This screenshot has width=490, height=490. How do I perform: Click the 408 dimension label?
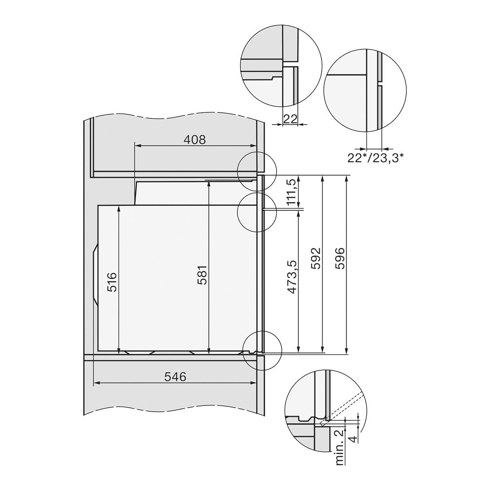pyautogui.click(x=195, y=140)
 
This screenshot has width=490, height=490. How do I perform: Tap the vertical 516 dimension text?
pyautogui.click(x=112, y=282)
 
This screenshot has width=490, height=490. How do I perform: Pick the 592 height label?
pyautogui.click(x=316, y=258)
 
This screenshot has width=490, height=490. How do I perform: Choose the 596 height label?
pyautogui.click(x=340, y=258)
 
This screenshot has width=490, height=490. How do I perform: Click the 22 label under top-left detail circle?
pyautogui.click(x=290, y=119)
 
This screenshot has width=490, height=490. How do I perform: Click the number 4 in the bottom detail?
pyautogui.click(x=354, y=439)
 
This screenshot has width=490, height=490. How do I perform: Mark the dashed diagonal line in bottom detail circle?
pyautogui.click(x=343, y=406)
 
